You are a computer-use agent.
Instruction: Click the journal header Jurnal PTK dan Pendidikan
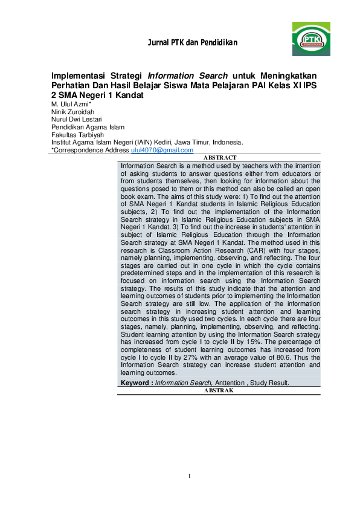192,43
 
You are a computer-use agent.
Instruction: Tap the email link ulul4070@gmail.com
162,150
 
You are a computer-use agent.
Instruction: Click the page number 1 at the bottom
189,476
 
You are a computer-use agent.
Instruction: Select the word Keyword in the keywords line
134,383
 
